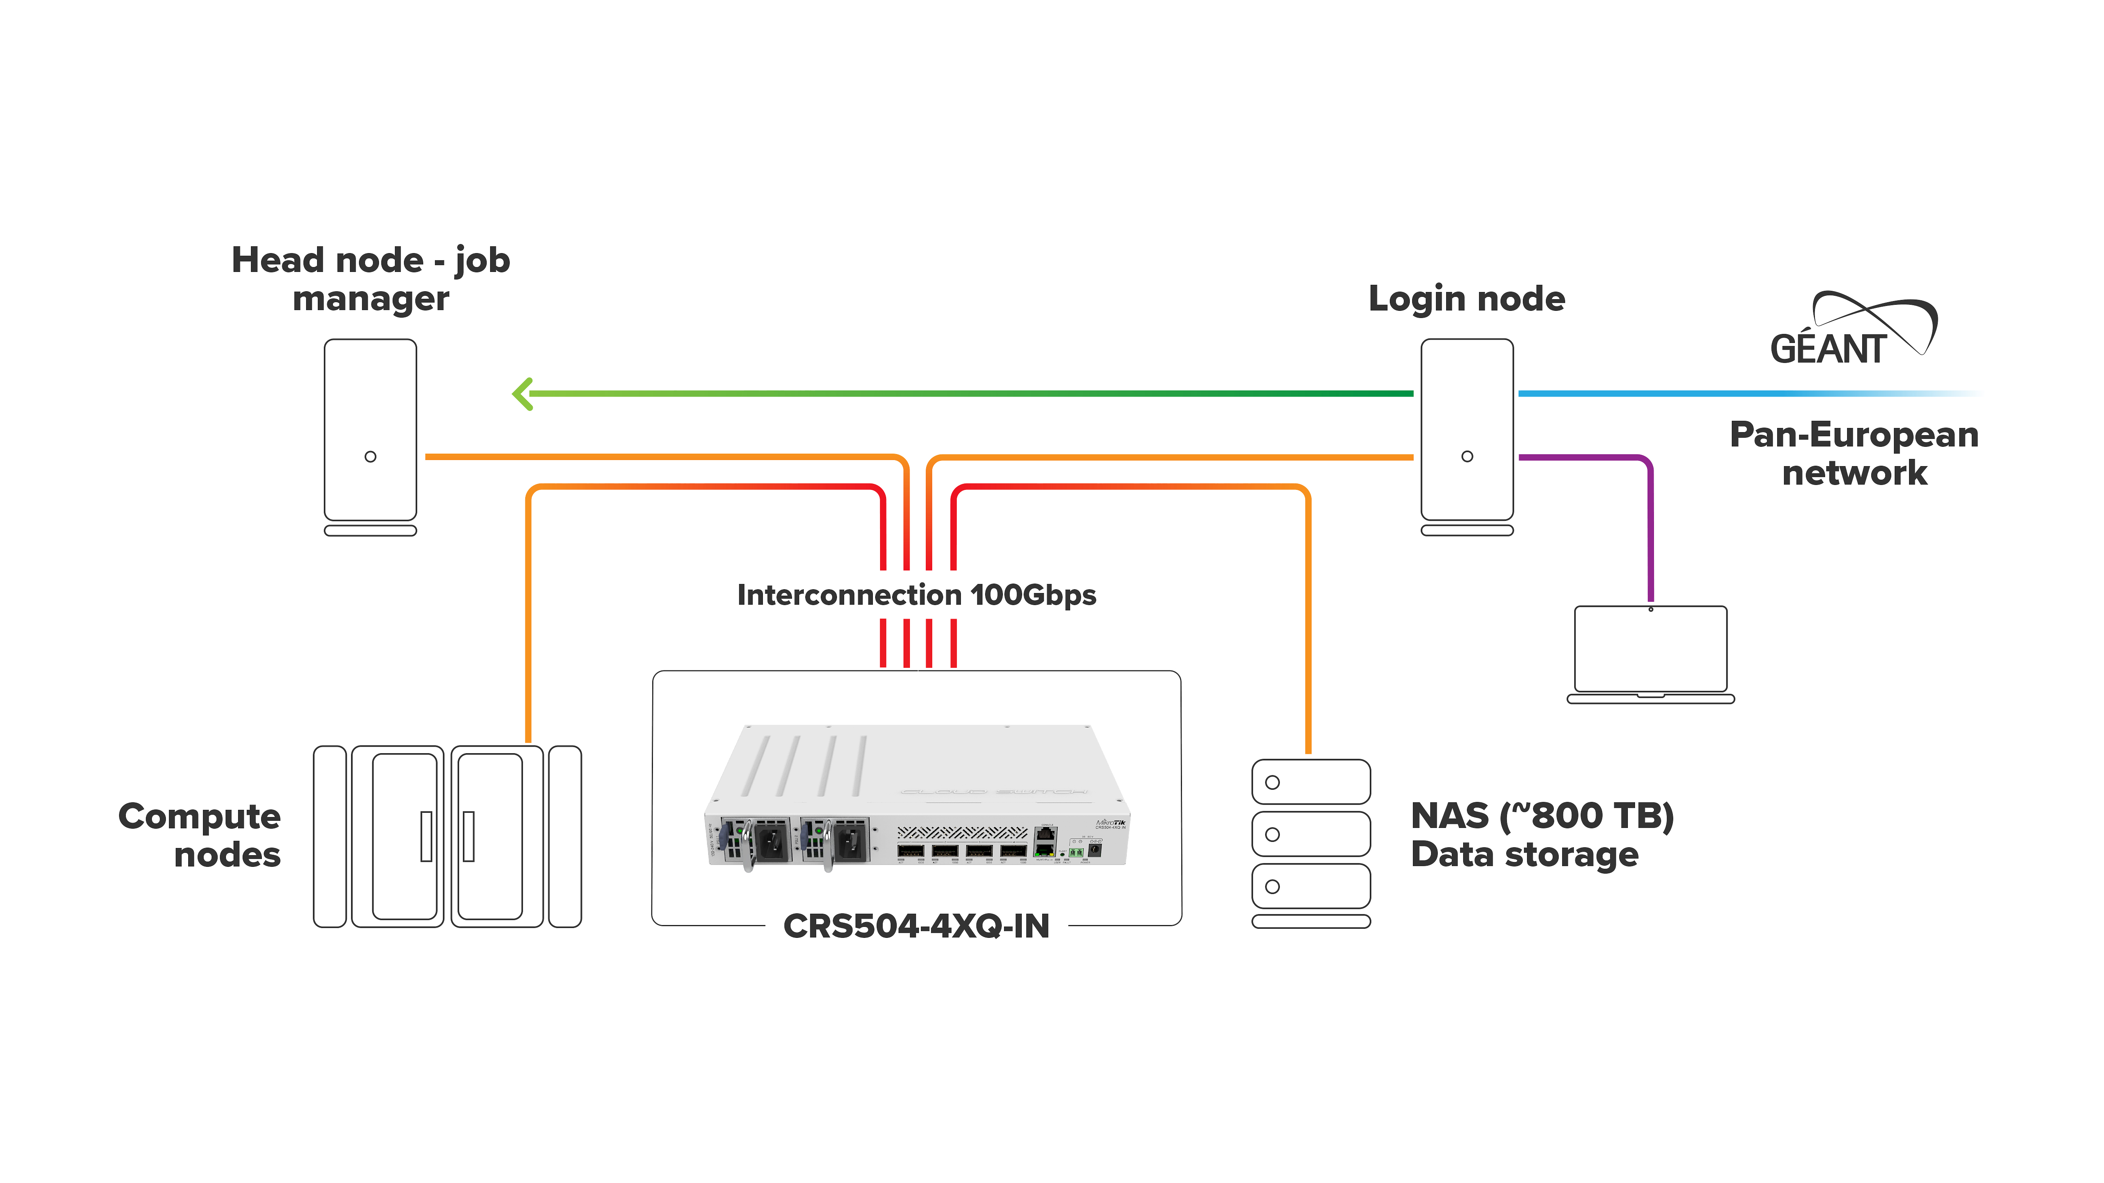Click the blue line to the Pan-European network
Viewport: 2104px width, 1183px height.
click(x=1715, y=394)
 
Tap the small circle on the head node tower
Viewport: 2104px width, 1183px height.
click(x=370, y=456)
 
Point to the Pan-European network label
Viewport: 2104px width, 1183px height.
click(x=1854, y=453)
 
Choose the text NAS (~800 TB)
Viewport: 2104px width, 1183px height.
click(x=1542, y=816)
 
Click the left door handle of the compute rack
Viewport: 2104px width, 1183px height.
click(x=425, y=836)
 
